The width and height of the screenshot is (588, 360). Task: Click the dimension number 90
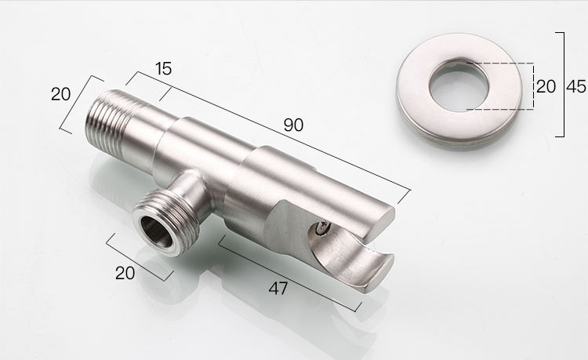coord(293,125)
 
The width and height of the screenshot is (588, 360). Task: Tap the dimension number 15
coord(164,68)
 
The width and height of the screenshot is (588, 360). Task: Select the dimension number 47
coord(278,289)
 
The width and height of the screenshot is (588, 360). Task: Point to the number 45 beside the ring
coord(575,87)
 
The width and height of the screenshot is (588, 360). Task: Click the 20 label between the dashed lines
coord(546,86)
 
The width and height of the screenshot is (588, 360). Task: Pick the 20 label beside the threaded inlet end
coord(60,94)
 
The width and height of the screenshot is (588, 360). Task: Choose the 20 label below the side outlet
coord(125,273)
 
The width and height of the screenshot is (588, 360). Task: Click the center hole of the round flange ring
coord(459,85)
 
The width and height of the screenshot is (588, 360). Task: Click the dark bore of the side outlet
coord(156,232)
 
